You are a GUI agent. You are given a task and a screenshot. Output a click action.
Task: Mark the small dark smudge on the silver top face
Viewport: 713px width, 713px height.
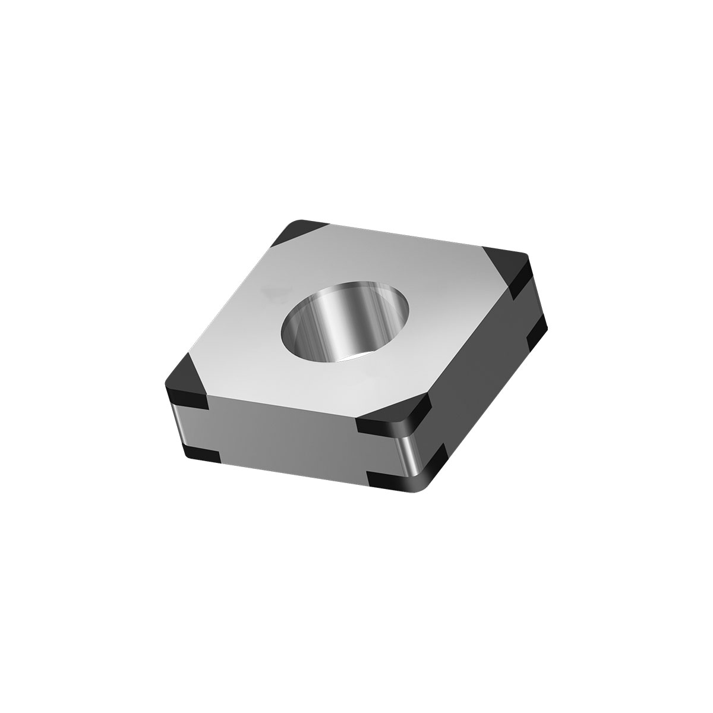pyautogui.click(x=270, y=291)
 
